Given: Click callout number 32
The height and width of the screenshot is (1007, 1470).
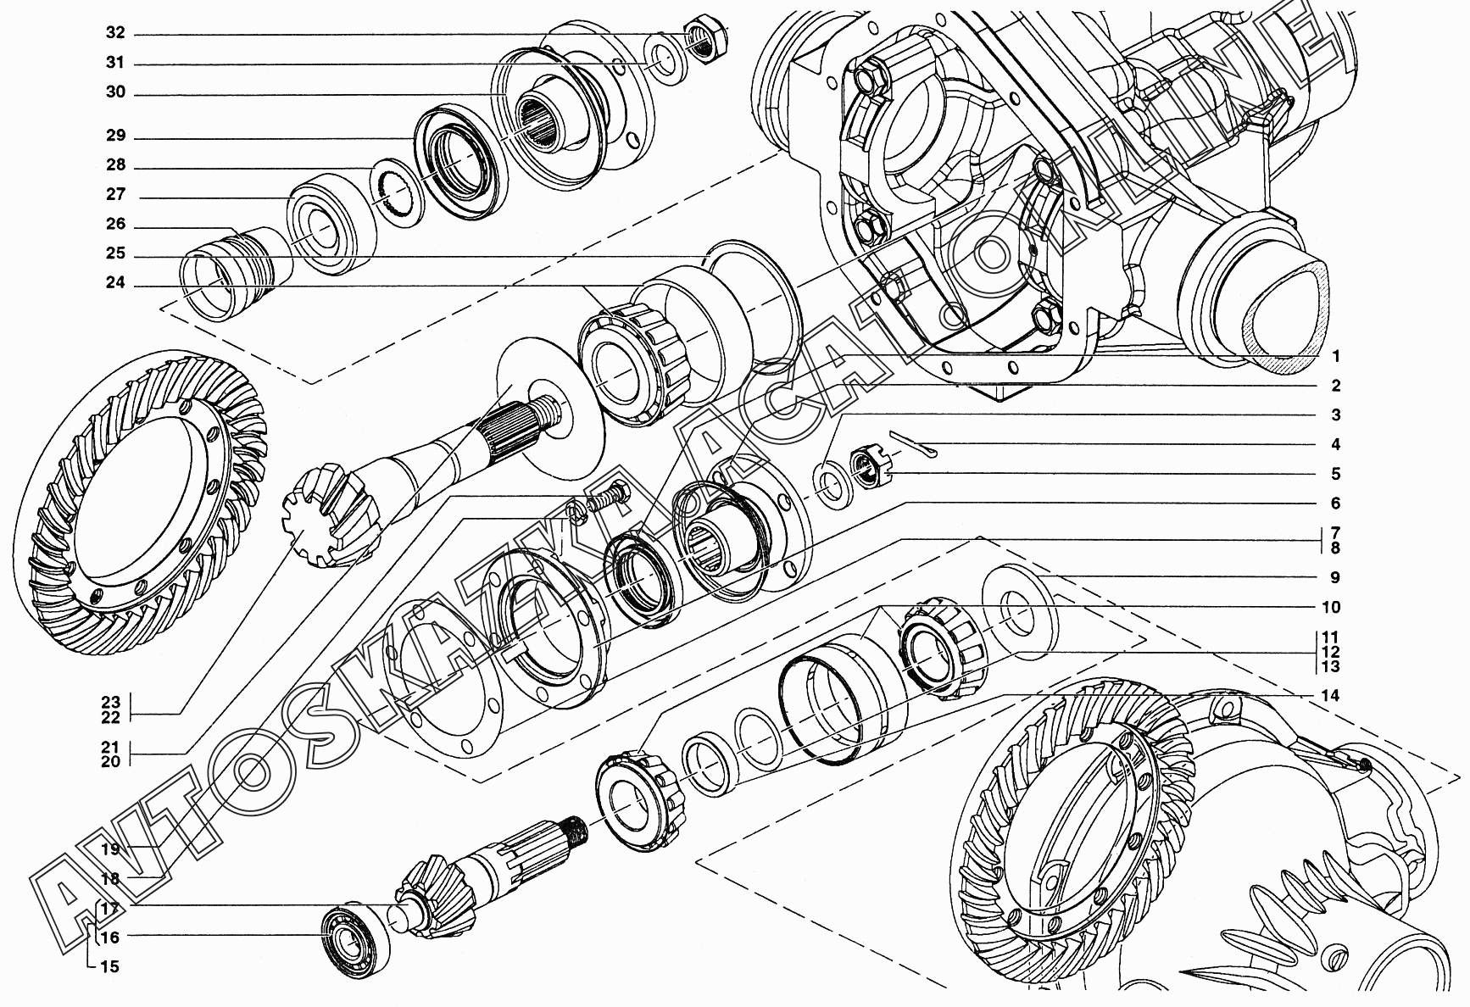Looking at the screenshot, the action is point(115,33).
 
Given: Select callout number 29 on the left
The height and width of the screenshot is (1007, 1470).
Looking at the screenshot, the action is point(115,136).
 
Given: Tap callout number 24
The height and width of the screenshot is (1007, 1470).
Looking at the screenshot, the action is point(115,283).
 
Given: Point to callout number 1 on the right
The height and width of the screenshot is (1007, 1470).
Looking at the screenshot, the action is point(1335,356).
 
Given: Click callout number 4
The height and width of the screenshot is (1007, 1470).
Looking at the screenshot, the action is point(1335,444).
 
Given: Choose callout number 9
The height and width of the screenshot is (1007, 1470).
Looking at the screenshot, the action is point(1335,577).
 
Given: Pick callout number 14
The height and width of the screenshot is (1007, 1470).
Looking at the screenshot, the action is point(1330,696).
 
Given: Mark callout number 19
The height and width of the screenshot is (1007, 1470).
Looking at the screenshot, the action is point(111,848).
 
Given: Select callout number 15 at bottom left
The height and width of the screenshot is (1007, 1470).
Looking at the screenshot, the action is point(110,966).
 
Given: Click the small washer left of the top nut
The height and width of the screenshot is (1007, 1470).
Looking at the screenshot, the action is point(664,60).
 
